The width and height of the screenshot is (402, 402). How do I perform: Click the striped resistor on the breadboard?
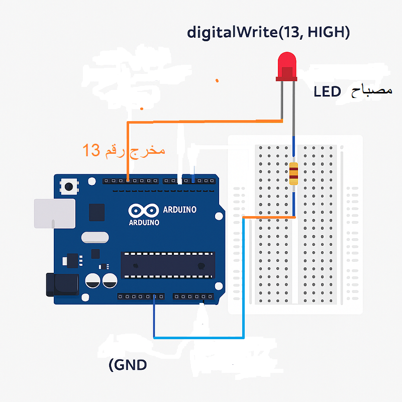(293, 173)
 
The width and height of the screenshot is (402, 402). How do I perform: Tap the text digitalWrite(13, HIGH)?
(268, 33)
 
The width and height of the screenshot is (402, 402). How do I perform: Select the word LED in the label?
(327, 91)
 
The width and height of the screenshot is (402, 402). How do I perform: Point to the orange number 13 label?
(92, 150)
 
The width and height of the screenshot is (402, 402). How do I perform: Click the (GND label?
(128, 364)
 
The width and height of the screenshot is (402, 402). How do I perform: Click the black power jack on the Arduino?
(61, 284)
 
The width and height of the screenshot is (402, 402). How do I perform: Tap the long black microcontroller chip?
(167, 265)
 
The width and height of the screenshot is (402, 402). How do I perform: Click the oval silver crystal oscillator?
(94, 238)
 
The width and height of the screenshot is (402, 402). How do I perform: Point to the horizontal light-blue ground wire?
(198, 337)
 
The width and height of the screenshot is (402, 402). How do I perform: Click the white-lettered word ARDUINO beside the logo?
(180, 210)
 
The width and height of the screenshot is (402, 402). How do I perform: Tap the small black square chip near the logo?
(96, 212)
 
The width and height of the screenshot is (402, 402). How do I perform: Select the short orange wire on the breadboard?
(269, 217)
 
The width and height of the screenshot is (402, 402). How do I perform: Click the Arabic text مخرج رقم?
(135, 150)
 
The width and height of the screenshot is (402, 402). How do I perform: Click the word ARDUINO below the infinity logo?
(144, 222)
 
